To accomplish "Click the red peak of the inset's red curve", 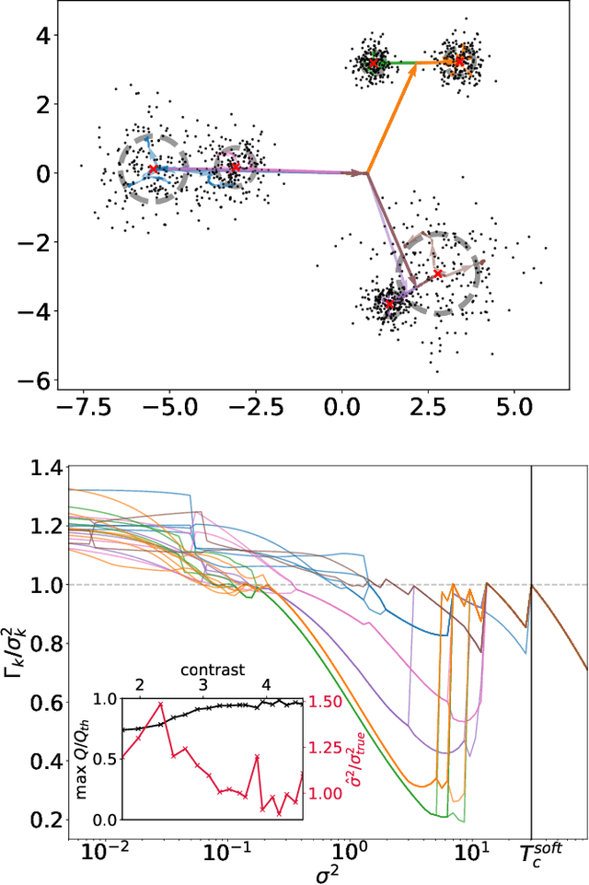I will pos(161,705).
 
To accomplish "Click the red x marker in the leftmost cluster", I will pos(153,169).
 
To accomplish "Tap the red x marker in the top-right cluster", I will pos(460,62).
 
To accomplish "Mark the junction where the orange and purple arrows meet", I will pos(368,172).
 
